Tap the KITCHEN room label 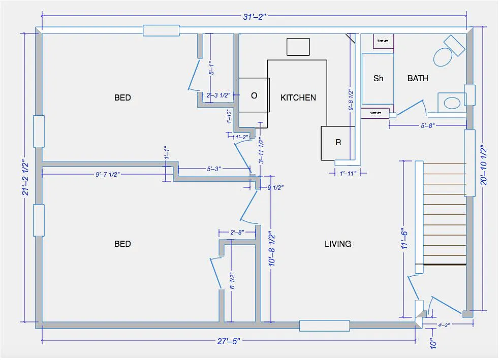tap(298, 97)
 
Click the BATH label tap(418, 78)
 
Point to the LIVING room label tap(338, 244)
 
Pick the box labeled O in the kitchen tap(254, 95)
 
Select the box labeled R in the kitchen tap(338, 143)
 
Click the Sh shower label tap(378, 78)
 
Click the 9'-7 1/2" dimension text tap(107, 174)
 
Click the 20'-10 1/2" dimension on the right tap(484, 166)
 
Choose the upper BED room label tap(122, 97)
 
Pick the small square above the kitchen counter tap(298, 47)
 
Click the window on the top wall tap(161, 30)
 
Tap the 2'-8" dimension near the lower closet tap(237, 232)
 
